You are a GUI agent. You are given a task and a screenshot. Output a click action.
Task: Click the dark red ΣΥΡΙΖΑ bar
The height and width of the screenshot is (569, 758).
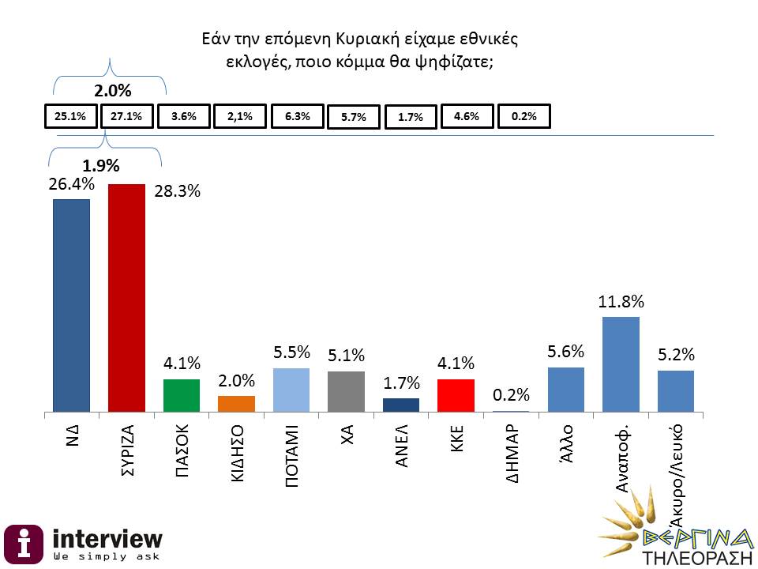tap(126, 298)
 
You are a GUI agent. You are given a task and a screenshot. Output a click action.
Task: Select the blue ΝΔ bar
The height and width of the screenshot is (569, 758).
tap(71, 305)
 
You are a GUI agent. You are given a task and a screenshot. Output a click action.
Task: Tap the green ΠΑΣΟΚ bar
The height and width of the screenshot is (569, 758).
tap(181, 395)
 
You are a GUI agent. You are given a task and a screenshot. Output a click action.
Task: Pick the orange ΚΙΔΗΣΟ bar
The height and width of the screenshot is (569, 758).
tap(236, 403)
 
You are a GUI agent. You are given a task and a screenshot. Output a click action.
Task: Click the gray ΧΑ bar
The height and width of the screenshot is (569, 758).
tap(346, 391)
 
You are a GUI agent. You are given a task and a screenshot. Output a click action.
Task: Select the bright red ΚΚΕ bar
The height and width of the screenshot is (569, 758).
tap(456, 395)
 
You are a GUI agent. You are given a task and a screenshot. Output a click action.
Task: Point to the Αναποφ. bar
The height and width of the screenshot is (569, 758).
tap(621, 364)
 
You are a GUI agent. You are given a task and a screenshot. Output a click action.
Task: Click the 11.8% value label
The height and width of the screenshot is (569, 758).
tap(621, 301)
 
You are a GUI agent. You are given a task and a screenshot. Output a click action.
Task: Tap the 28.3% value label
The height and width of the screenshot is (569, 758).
tap(177, 192)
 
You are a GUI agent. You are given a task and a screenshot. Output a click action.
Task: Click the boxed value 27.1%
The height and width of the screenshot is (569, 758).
tap(126, 116)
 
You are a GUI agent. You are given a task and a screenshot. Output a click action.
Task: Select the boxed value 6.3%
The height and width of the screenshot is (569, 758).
tap(297, 116)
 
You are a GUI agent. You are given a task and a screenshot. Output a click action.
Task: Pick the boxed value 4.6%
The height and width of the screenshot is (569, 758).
tap(467, 116)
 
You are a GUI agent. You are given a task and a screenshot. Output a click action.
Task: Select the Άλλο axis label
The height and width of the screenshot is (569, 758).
tap(566, 437)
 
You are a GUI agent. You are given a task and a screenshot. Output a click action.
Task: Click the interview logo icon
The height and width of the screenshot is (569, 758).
tap(25, 543)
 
